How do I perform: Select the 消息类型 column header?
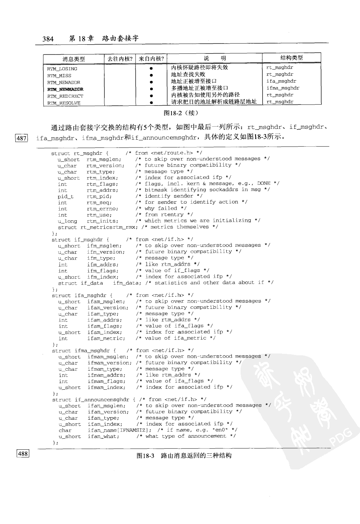tap(74, 59)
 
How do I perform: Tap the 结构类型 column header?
tap(292, 57)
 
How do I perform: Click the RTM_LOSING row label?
tap(62, 69)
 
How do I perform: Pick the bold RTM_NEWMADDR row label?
tap(65, 89)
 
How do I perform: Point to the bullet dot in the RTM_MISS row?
tap(151, 75)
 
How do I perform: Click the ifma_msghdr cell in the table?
tap(283, 88)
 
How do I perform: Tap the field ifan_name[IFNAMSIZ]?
tap(119, 430)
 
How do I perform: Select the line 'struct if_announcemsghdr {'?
tap(94, 400)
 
